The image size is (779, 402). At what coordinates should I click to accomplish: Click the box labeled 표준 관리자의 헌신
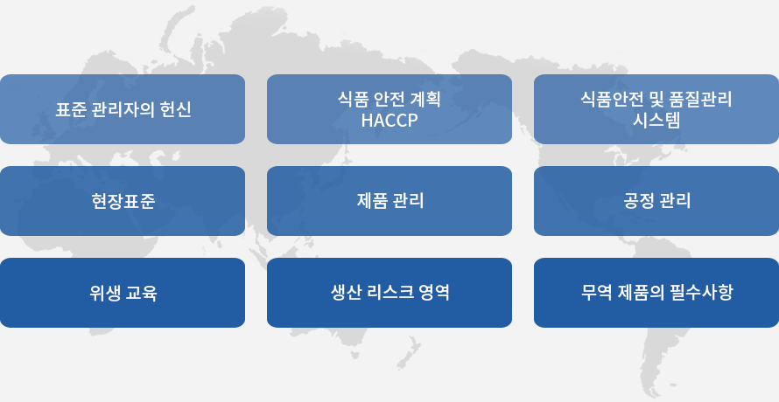pyautogui.click(x=123, y=109)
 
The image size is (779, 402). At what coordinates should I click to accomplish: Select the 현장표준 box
pyautogui.click(x=123, y=201)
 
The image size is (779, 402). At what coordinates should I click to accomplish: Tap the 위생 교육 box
pyautogui.click(x=123, y=293)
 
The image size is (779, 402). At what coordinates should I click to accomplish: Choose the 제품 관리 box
pyautogui.click(x=389, y=201)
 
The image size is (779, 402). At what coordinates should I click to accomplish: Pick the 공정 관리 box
pyautogui.click(x=656, y=201)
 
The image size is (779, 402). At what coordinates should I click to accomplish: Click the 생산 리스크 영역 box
pyautogui.click(x=389, y=293)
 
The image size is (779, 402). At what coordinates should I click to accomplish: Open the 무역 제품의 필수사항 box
pyautogui.click(x=656, y=293)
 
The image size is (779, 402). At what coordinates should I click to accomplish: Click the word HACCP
pyautogui.click(x=389, y=121)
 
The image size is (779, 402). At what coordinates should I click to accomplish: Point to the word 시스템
pyautogui.click(x=656, y=121)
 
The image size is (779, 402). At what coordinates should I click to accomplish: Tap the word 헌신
pyautogui.click(x=175, y=110)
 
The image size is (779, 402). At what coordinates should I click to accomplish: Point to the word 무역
pyautogui.click(x=596, y=292)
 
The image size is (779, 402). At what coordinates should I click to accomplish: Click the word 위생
pyautogui.click(x=105, y=293)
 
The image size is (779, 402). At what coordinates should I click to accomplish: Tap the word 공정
pyautogui.click(x=638, y=201)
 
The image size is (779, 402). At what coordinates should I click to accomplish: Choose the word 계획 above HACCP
pyautogui.click(x=425, y=100)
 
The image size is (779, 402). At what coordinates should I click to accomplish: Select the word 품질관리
pyautogui.click(x=701, y=100)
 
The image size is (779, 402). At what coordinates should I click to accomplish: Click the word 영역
pyautogui.click(x=434, y=293)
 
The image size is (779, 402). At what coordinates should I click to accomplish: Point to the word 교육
pyautogui.click(x=142, y=293)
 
